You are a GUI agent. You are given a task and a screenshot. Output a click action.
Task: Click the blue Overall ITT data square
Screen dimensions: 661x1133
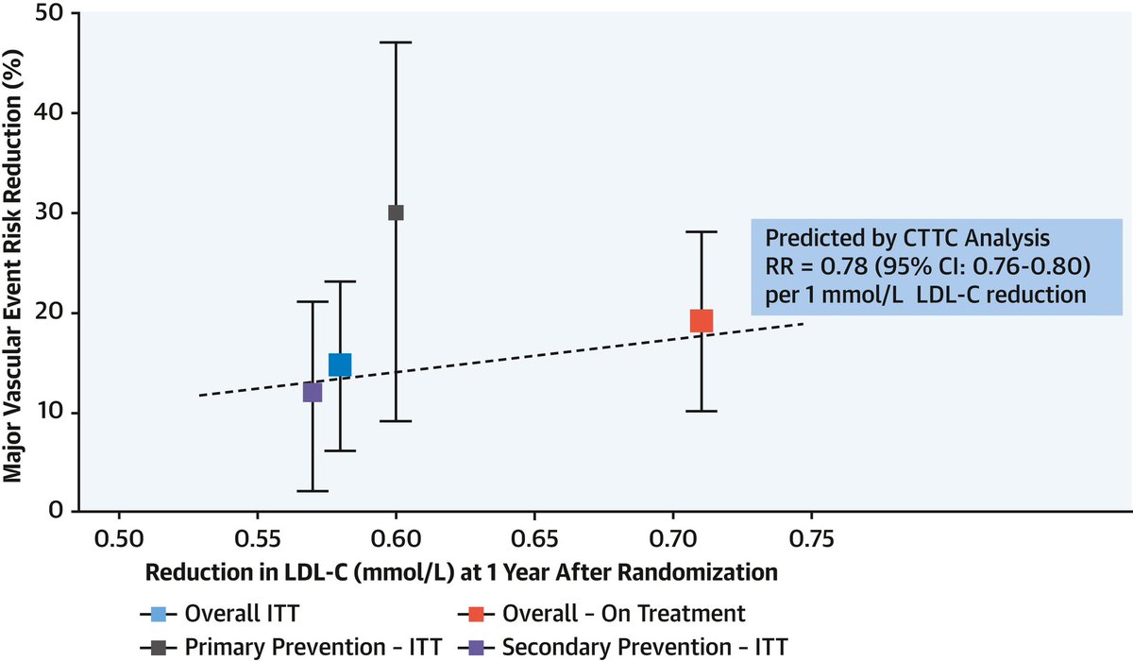tap(340, 364)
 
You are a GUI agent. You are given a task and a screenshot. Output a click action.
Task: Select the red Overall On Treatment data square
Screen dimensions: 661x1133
tap(701, 321)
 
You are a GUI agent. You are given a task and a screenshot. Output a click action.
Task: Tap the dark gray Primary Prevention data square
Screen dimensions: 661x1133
tap(396, 212)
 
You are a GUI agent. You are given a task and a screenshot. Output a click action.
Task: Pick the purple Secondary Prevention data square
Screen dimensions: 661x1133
tap(313, 392)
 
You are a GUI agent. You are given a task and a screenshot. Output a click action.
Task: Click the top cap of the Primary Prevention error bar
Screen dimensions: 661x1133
tap(396, 42)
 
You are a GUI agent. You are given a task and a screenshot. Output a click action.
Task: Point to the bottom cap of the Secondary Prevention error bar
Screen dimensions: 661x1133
tap(313, 491)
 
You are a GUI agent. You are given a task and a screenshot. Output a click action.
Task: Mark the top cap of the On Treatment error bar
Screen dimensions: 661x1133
tap(701, 231)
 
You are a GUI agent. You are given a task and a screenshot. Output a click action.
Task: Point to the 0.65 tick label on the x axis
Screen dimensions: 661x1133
tap(534, 540)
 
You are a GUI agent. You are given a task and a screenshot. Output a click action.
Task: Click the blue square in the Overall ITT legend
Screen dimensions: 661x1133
tap(160, 614)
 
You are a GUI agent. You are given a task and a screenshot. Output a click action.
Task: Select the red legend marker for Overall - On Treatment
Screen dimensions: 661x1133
tap(477, 614)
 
